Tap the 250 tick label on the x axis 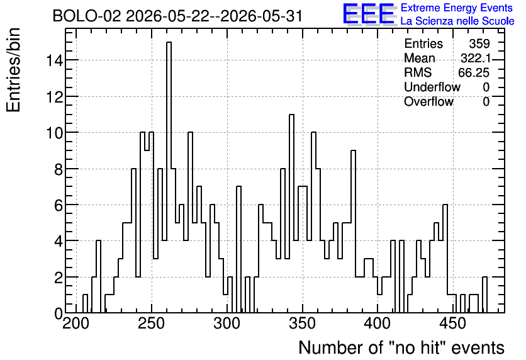click(x=151, y=324)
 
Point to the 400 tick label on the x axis click(x=378, y=324)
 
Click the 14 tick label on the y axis click(x=55, y=60)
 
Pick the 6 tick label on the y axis click(x=59, y=205)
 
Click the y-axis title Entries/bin click(x=14, y=70)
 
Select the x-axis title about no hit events click(x=401, y=347)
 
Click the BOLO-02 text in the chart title click(x=87, y=16)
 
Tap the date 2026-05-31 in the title click(x=262, y=16)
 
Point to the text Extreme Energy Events click(x=457, y=8)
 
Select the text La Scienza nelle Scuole click(x=457, y=21)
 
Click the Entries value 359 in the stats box click(x=479, y=43)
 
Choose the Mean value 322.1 click(x=476, y=59)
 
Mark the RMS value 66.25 click(x=474, y=72)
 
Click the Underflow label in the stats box click(x=432, y=87)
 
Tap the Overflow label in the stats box click(x=428, y=101)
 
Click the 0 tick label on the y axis click(x=59, y=313)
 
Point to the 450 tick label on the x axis click(x=452, y=324)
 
